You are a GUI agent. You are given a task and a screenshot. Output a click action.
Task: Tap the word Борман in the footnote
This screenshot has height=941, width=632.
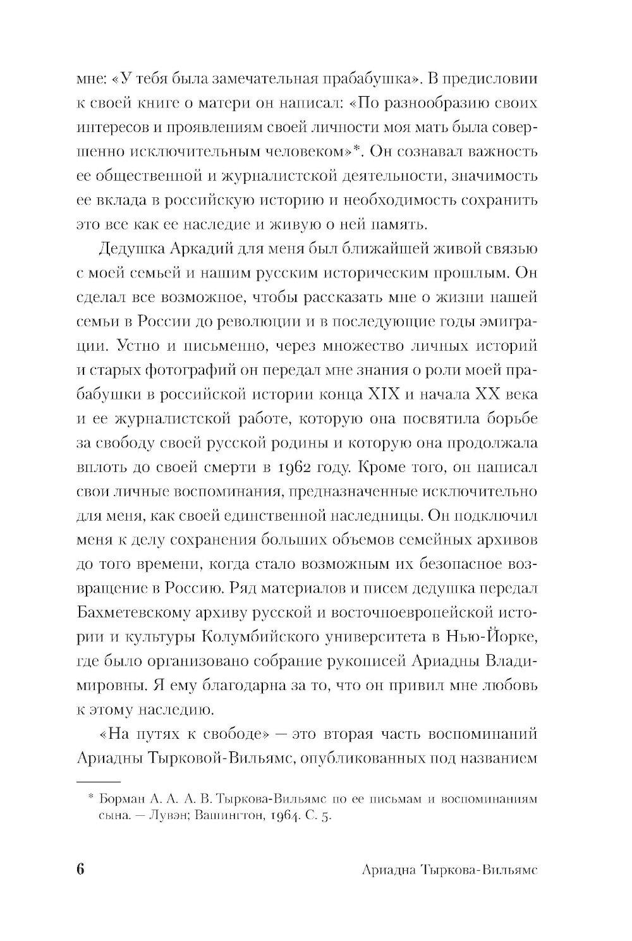point(119,799)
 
